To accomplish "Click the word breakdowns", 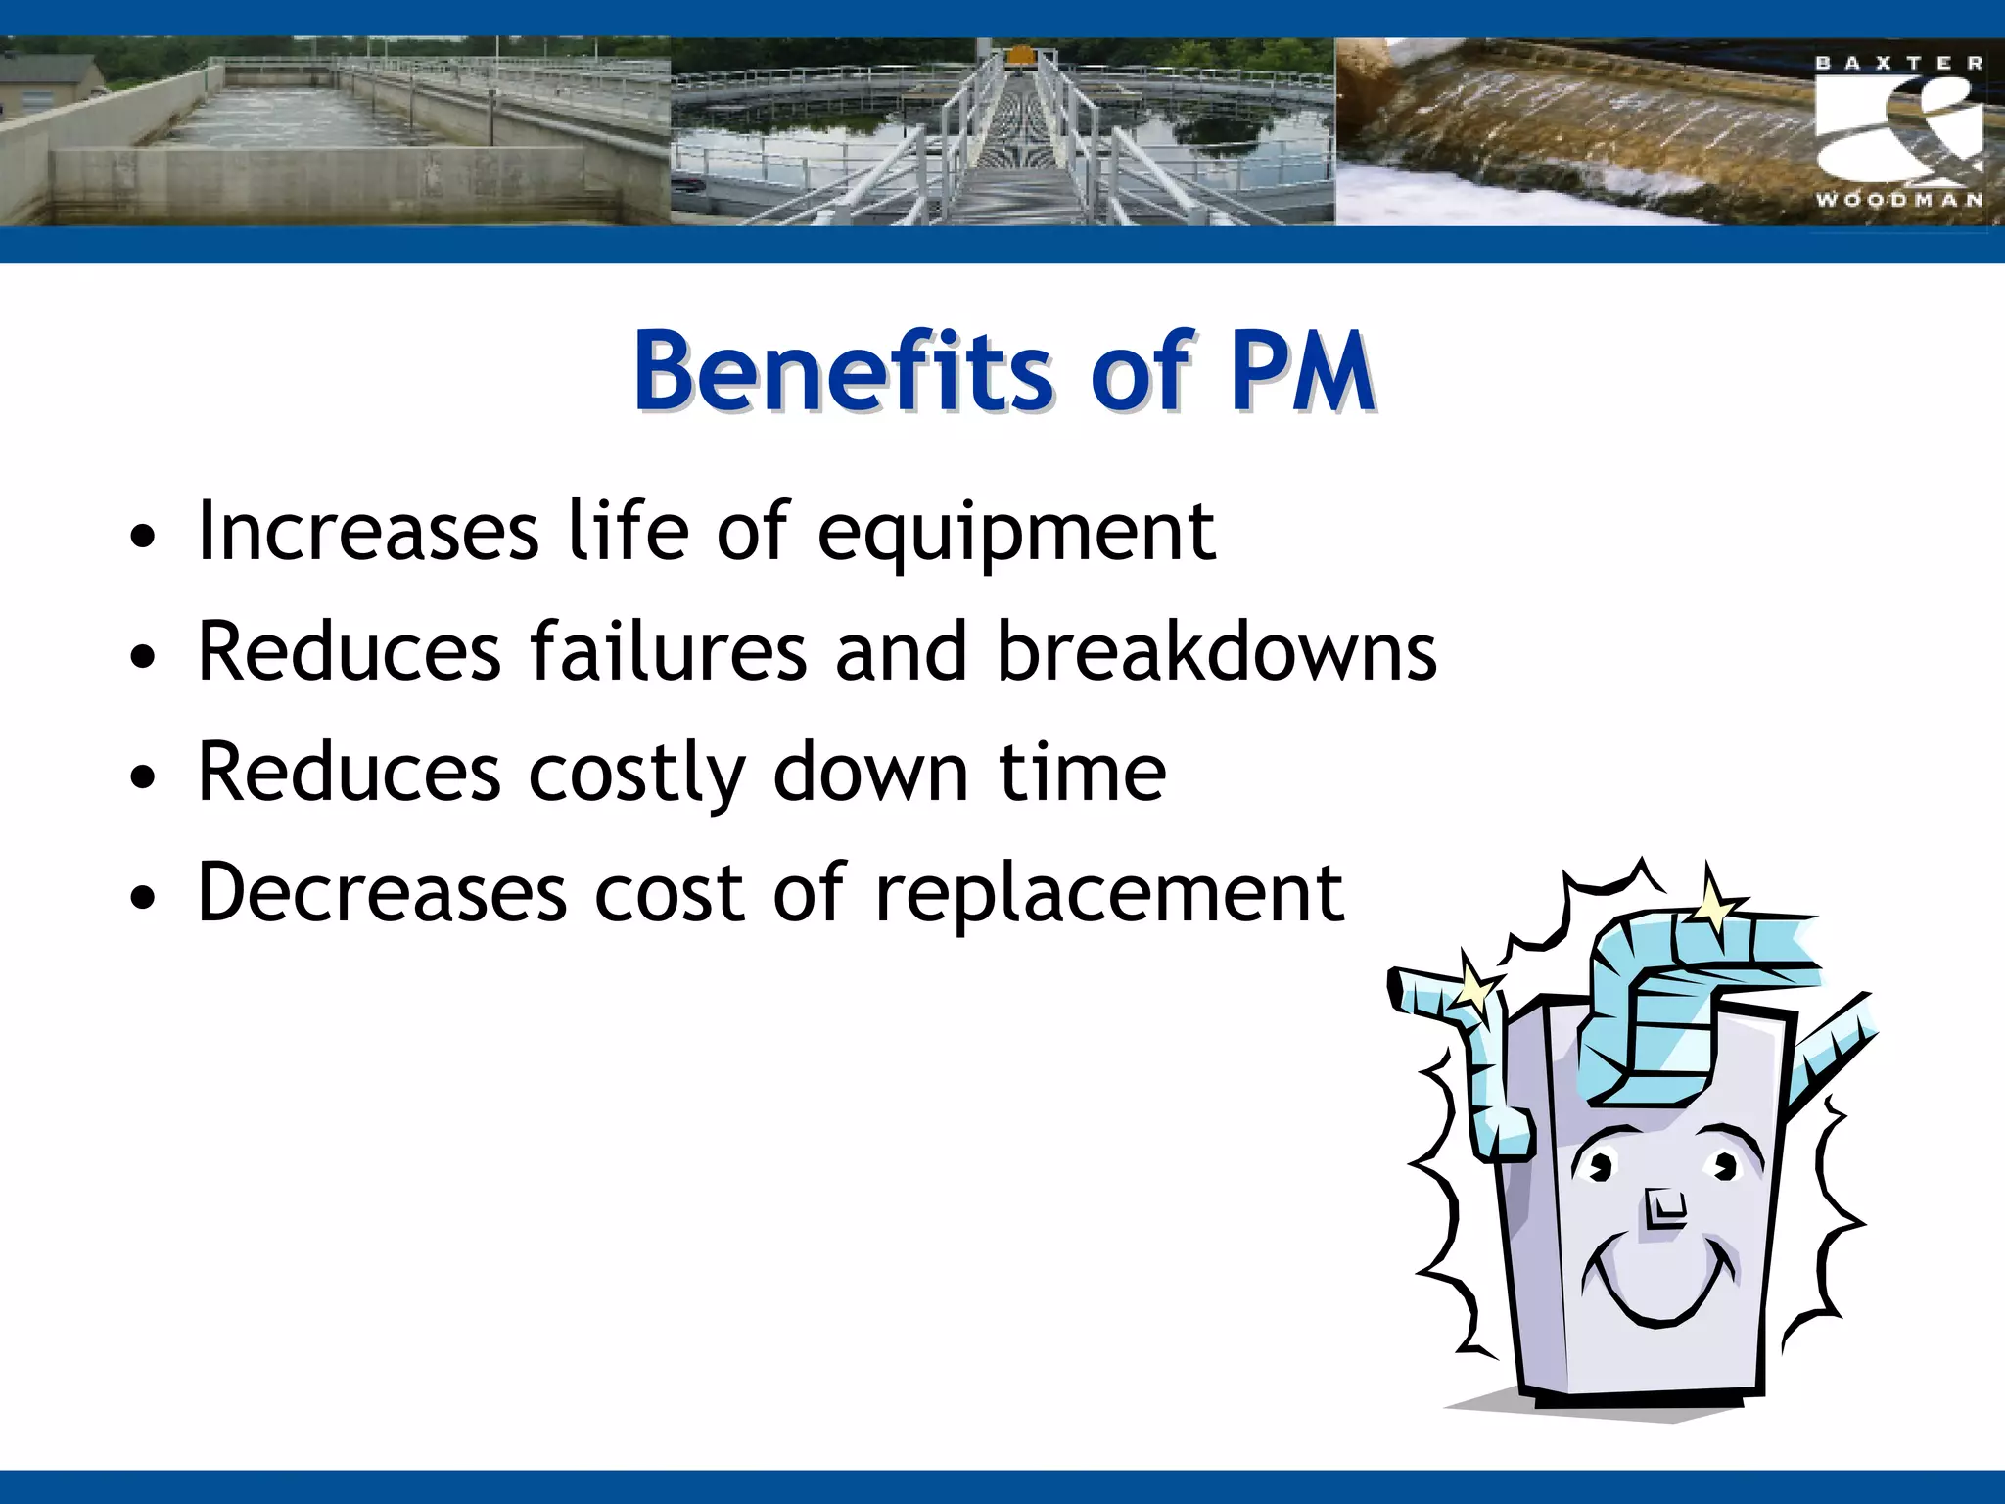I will pyautogui.click(x=1216, y=652).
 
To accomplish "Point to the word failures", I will pyautogui.click(x=668, y=652).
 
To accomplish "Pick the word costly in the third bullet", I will pyautogui.click(x=636, y=774).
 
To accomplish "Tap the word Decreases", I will pyautogui.click(x=382, y=893).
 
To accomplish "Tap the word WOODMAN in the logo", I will pyautogui.click(x=1899, y=200).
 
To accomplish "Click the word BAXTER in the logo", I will pyautogui.click(x=1899, y=63).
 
